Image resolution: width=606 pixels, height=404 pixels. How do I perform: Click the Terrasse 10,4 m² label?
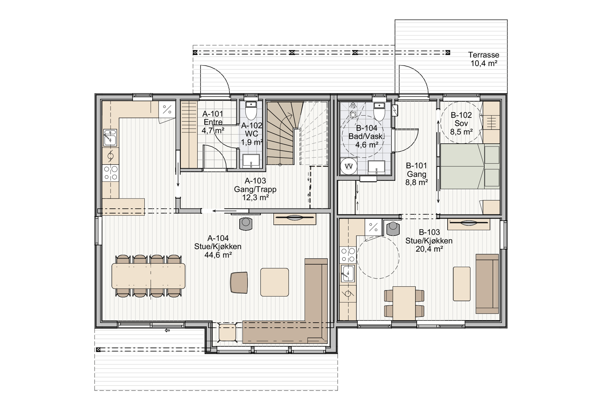pos(484,59)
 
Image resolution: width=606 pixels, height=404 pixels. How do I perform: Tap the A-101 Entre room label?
pos(213,118)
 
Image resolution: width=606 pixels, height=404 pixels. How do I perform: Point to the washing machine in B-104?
pos(349,166)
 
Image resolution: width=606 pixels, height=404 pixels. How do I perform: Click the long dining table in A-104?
pos(148,276)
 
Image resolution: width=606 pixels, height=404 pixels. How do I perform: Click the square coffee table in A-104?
pos(274,282)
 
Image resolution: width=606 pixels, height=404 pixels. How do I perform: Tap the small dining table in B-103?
pos(404,303)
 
